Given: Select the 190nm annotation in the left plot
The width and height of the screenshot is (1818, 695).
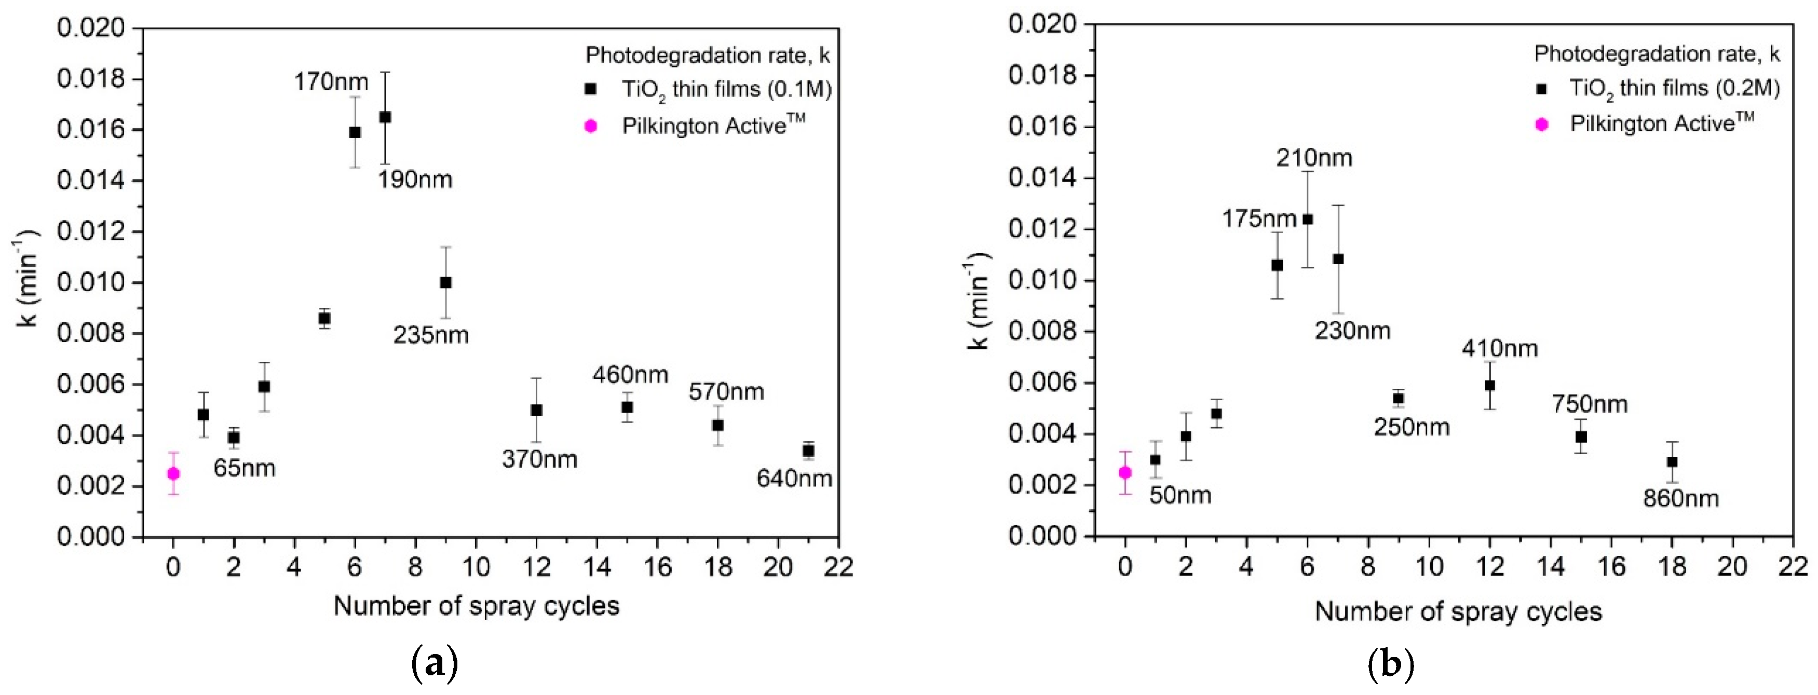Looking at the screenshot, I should coord(414,180).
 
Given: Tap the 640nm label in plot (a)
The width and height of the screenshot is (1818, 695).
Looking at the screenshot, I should coord(794,479).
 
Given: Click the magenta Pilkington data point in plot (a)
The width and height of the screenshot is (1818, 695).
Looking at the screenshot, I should coord(173,473).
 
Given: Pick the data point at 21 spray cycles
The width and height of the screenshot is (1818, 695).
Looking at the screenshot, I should coord(809,450).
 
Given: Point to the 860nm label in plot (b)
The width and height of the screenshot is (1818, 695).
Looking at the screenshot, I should coord(1680,499).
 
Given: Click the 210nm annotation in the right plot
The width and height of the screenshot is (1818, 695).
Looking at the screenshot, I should coord(1313,158).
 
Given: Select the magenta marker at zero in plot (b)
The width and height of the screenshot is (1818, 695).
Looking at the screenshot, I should coord(1125,472).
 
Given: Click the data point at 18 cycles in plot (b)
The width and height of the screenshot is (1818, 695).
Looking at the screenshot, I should coord(1672,461).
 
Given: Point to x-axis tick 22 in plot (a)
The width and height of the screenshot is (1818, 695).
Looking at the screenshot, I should coord(838,567).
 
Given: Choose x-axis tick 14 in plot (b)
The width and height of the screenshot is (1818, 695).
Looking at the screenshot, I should coord(1551,567).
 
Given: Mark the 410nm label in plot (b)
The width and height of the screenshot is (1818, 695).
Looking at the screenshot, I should coord(1499,349).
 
